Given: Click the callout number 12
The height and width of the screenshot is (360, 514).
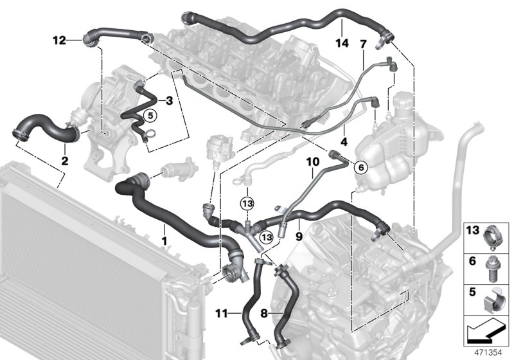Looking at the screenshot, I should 59,40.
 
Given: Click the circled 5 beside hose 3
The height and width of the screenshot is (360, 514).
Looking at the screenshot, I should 150,116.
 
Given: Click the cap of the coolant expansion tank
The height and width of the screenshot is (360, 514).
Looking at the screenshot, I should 404,102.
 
